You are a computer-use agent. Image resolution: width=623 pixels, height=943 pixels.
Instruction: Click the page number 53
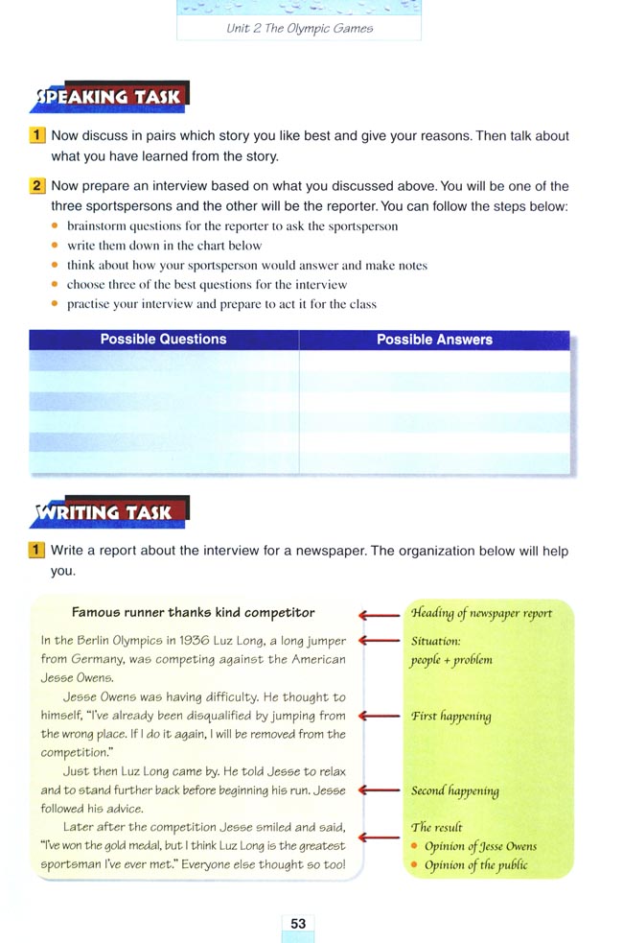pos(298,923)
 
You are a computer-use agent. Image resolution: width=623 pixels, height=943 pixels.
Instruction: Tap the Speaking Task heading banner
pos(108,97)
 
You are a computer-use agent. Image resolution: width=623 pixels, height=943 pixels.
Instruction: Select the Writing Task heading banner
pos(108,512)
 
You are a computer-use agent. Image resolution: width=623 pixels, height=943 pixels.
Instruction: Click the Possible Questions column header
pos(163,340)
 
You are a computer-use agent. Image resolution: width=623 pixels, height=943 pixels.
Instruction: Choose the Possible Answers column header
pos(434,340)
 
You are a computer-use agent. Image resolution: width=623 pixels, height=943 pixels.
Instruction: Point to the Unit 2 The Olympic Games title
pos(299,28)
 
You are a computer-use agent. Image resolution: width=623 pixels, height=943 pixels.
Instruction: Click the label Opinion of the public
pos(475,864)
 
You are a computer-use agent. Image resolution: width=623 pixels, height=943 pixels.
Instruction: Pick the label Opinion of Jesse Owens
pos(480,846)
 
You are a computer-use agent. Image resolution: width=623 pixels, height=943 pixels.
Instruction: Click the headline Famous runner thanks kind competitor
pos(194,612)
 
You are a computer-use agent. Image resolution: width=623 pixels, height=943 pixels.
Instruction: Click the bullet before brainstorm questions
pos(56,226)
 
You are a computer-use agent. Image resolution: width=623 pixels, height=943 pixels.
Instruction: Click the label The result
pos(436,827)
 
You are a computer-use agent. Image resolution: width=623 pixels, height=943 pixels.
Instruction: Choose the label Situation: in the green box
pos(435,641)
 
